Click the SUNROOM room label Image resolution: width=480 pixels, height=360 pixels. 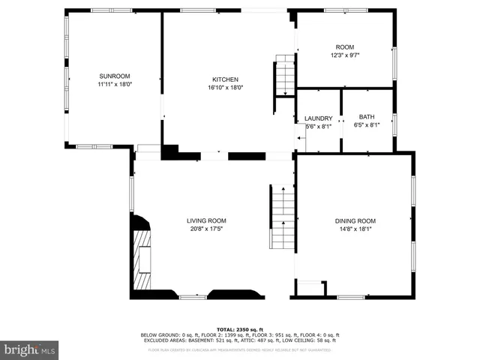pos(115,76)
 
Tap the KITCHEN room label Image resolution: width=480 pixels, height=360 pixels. pos(225,79)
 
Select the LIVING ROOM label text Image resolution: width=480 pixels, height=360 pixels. pos(206,220)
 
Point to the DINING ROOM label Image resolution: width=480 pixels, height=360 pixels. pos(355,220)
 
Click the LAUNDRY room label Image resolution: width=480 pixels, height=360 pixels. pos(318,118)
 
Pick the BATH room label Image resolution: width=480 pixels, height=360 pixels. pos(366,117)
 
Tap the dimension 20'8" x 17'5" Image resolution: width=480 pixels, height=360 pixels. pos(206,229)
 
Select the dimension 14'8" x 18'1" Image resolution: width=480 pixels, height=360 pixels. pos(355,229)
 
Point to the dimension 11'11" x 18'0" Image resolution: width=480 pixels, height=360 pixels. pos(115,85)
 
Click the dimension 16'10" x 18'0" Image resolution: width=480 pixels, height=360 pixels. pos(225,88)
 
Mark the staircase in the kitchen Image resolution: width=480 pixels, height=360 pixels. pos(285,76)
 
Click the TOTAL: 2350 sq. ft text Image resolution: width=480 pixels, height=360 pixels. pos(239,329)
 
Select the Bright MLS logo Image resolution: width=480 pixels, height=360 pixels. pos(30,349)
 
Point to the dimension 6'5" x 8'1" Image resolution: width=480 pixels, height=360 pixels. pos(366,125)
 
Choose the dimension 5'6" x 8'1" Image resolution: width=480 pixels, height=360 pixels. pos(318,127)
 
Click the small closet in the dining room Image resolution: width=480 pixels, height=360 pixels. pos(310,289)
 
